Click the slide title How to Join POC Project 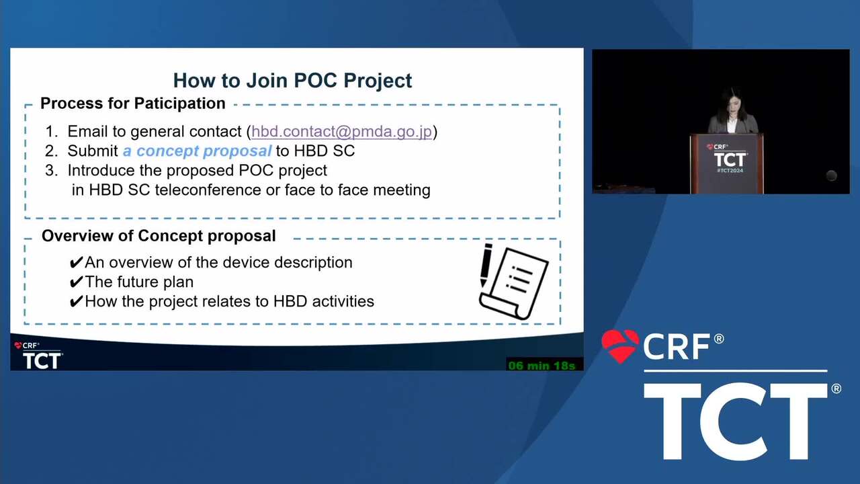click(292, 81)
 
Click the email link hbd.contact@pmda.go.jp click(342, 131)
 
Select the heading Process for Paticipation click(133, 104)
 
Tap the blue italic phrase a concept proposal click(197, 151)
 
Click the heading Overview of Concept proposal click(159, 236)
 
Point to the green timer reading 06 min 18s click(542, 365)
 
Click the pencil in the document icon click(486, 265)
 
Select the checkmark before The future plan click(77, 282)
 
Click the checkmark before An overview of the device click(77, 263)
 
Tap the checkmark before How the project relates click(77, 302)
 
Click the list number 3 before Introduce click(51, 171)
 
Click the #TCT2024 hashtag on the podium click(730, 170)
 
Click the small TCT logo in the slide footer click(42, 361)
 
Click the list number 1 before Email click(51, 132)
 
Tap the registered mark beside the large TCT click(836, 389)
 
